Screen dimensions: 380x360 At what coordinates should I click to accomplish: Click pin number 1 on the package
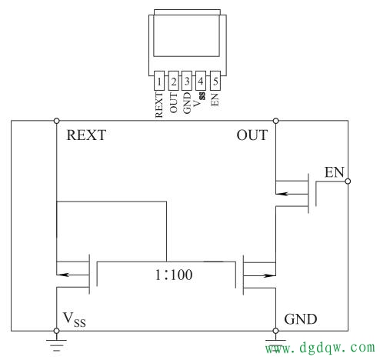159,81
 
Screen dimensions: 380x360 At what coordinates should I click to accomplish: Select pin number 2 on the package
174,81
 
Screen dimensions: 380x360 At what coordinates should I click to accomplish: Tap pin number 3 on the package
187,81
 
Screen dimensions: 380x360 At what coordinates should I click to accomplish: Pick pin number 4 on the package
201,81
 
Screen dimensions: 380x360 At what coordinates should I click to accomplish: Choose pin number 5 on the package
215,81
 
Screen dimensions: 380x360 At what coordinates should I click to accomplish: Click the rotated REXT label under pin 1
159,105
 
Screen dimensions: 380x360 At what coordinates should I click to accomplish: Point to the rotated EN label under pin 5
215,99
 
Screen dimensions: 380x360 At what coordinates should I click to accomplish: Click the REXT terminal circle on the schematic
56,121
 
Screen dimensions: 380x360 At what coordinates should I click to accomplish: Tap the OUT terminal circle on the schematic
275,121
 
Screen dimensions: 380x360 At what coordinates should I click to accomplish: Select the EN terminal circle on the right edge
348,182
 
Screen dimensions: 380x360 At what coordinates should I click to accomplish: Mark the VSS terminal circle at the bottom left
56,331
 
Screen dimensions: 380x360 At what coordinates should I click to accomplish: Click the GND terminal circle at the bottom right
275,331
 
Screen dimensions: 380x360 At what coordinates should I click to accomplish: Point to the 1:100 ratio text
174,275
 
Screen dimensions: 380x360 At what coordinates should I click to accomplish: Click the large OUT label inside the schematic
252,135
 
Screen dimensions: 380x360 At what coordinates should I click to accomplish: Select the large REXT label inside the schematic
86,135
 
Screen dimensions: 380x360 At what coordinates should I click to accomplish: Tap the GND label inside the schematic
301,319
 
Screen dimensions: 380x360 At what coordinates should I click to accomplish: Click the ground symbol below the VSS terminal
56,345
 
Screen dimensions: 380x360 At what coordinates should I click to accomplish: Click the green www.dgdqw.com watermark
320,348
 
